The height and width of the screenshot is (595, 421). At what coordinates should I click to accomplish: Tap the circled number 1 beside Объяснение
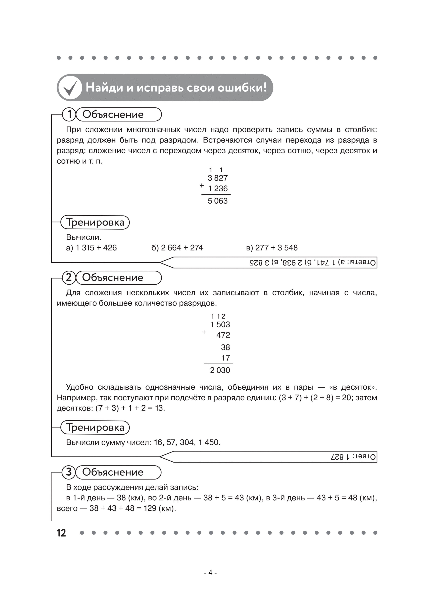(69, 114)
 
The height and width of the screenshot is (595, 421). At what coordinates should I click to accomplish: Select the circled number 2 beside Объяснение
(69, 278)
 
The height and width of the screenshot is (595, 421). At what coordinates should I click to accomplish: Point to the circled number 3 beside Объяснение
(69, 472)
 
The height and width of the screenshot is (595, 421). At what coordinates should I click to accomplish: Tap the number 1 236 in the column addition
(218, 189)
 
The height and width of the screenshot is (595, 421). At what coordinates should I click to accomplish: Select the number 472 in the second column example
(223, 335)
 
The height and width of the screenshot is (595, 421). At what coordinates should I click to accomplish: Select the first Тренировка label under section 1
(95, 222)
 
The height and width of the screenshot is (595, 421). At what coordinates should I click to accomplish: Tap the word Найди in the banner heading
(104, 88)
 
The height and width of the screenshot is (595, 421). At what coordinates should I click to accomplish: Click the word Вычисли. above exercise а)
(83, 237)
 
